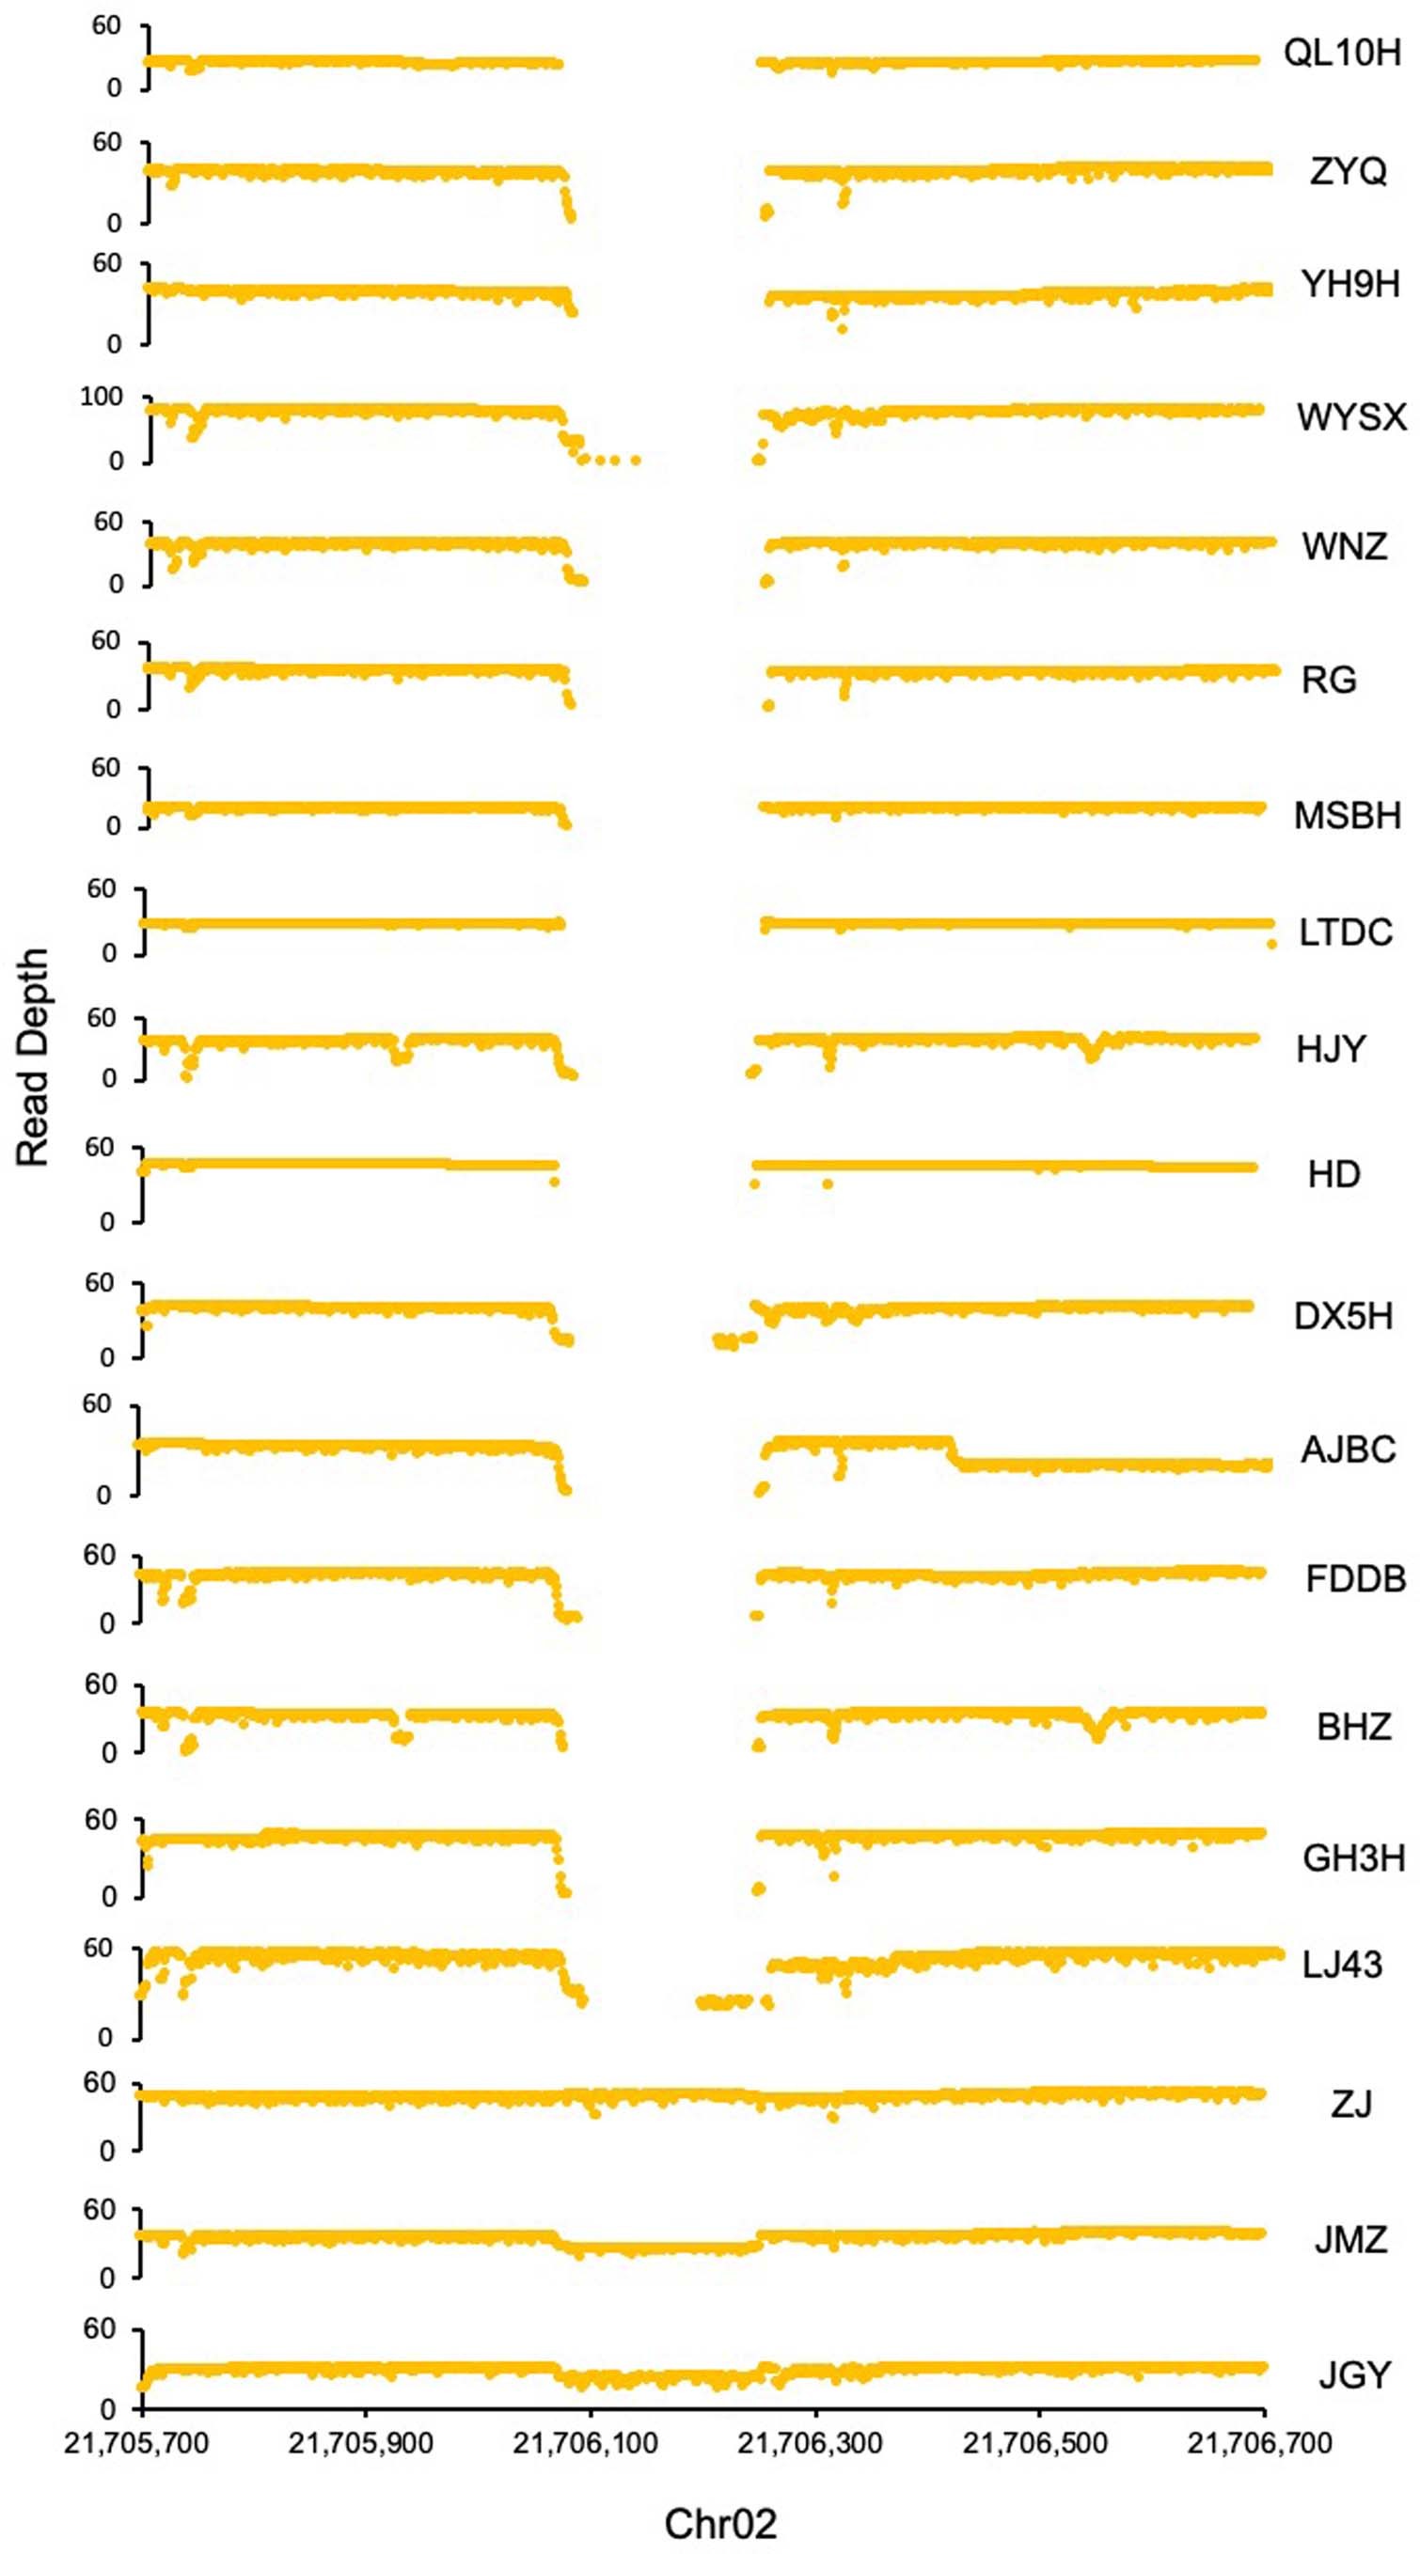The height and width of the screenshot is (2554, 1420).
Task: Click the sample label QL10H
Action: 1342,53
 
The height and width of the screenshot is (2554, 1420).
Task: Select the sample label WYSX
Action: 1351,417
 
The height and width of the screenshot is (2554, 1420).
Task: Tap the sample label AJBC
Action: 1348,1449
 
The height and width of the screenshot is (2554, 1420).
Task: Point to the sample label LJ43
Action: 1342,1964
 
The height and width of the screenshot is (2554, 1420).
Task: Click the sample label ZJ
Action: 1351,2103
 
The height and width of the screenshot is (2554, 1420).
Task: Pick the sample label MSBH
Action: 1347,815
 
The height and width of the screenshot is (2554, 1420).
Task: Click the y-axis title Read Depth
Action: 33,1057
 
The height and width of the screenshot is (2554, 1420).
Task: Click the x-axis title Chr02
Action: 720,2523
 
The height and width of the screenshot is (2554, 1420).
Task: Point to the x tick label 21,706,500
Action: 1035,2444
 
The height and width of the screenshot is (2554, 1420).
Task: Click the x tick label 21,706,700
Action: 1259,2444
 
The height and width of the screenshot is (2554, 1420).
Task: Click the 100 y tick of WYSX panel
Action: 102,398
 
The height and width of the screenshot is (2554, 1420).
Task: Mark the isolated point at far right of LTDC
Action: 1271,944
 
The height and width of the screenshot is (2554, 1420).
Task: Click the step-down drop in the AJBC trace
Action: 953,1453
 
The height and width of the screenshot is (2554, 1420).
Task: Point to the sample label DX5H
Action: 1343,1317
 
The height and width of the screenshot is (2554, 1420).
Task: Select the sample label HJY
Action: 1331,1049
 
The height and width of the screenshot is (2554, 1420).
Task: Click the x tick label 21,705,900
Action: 361,2444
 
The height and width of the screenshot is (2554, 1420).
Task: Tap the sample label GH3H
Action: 1353,1858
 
